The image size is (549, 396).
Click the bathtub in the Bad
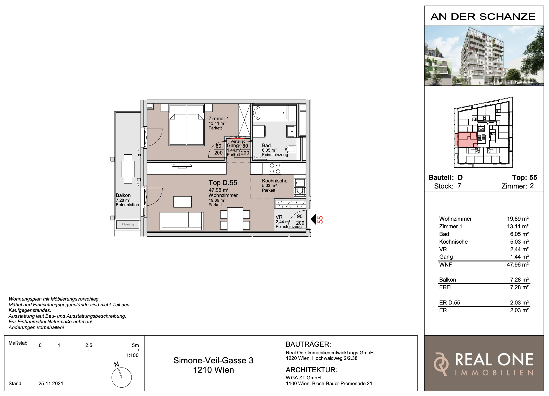point(270,113)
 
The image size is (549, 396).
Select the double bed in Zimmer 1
point(187,125)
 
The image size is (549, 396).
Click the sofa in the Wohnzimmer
point(181,221)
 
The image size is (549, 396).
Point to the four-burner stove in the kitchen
point(275,168)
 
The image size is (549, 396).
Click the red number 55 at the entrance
point(320,220)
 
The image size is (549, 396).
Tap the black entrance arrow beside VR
point(313,219)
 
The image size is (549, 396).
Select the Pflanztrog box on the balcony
point(128,225)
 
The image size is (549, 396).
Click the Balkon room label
point(123,195)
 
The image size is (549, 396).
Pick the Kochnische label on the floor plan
point(275,181)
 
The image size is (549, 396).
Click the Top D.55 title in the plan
point(223,183)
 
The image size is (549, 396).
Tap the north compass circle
point(122,377)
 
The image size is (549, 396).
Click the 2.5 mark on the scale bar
point(89,345)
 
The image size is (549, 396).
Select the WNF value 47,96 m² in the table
point(518,264)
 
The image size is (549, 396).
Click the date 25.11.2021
point(51,383)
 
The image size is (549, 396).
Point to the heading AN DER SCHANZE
point(483,17)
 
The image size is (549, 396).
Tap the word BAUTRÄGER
point(308,344)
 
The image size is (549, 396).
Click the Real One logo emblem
point(441,364)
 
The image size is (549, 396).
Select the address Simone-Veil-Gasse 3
point(213,360)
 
